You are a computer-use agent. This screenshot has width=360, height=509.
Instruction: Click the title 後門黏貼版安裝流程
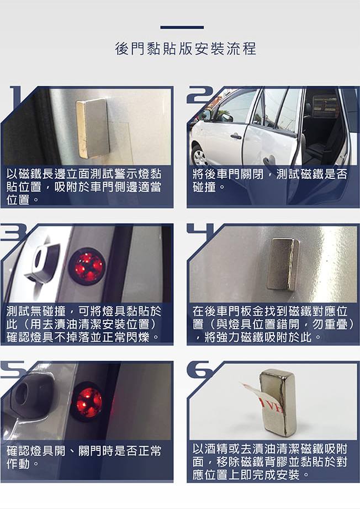[x=186, y=49]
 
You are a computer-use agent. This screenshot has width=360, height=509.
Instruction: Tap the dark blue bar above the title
[x=182, y=28]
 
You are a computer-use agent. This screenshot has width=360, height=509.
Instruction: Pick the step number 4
[x=201, y=230]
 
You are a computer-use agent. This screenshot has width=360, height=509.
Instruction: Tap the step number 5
[x=12, y=370]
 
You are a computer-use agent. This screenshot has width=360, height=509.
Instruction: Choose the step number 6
[x=200, y=370]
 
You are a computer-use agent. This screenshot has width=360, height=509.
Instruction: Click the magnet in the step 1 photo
[x=93, y=128]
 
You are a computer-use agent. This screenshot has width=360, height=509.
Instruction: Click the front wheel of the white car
[x=199, y=156]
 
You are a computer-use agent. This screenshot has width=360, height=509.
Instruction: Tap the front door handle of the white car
[x=236, y=136]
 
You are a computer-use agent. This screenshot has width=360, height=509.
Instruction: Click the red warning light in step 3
[x=87, y=264]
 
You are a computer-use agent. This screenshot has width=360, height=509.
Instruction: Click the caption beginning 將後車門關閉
[x=270, y=180]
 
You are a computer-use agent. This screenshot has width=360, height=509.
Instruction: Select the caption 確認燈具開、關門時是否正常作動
[x=84, y=457]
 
